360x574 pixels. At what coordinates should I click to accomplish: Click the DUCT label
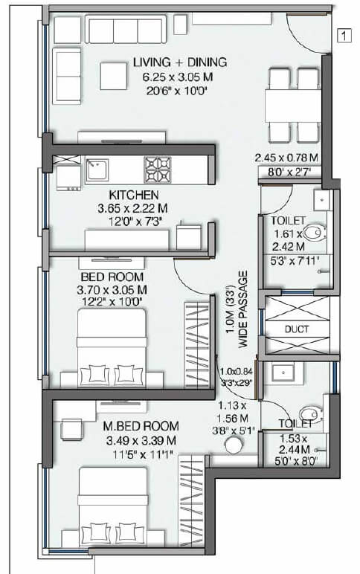298,329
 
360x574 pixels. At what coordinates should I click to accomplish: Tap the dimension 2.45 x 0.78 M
286,158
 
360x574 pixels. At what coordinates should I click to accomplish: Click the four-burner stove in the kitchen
157,170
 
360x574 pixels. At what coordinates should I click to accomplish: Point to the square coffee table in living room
115,74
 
